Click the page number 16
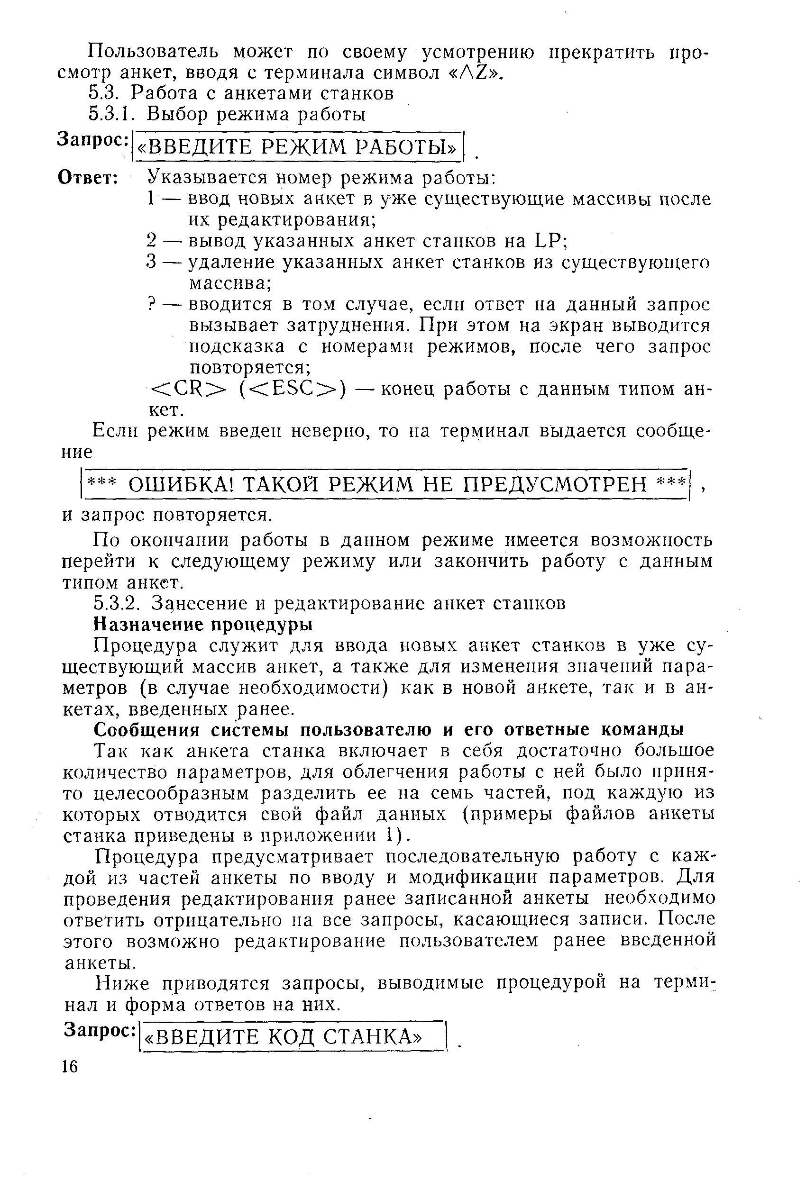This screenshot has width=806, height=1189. click(x=70, y=1066)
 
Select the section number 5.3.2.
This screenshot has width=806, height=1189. click(x=117, y=603)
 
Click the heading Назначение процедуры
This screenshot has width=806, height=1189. click(x=202, y=624)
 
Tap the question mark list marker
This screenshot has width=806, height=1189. click(x=151, y=304)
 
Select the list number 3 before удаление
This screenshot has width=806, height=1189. click(x=150, y=262)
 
